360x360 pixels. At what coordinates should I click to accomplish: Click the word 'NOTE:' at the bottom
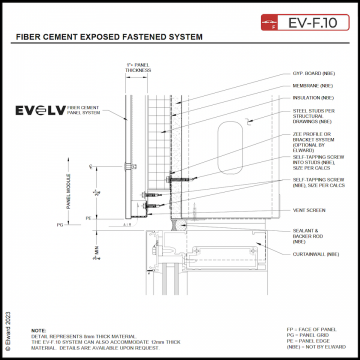pos(38,329)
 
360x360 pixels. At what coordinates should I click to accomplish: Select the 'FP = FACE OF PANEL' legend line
pos(309,327)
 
